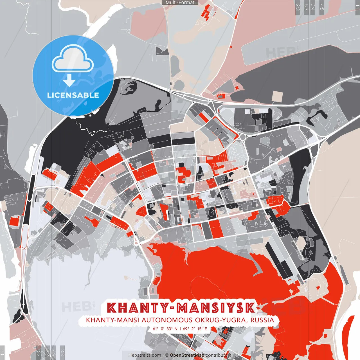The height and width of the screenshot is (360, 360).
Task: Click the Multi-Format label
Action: click(180, 3)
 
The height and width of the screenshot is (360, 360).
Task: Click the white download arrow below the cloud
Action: click(69, 81)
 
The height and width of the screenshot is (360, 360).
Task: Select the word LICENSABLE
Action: click(73, 95)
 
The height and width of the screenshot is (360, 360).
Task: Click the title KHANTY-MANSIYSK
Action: click(181, 308)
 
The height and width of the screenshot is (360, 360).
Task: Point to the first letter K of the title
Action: click(112, 308)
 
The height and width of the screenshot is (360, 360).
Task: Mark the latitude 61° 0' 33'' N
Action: click(165, 328)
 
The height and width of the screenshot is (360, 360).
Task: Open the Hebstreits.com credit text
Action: click(145, 355)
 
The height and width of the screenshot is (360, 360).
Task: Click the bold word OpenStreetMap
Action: click(187, 355)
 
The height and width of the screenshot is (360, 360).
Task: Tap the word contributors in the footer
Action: click(219, 355)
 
